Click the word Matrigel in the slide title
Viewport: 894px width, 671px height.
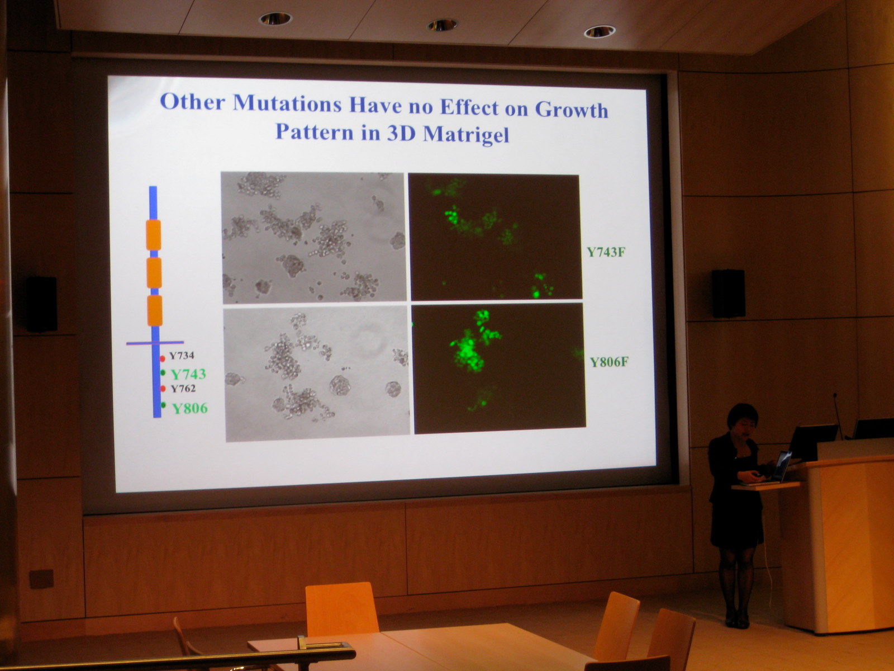466,134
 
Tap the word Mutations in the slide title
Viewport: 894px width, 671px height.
287,103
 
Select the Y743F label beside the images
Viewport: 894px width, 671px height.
606,252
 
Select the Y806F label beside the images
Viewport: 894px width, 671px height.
609,362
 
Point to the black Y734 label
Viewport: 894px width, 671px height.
182,356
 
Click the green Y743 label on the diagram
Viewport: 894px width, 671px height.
188,374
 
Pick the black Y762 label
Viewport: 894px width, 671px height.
183,389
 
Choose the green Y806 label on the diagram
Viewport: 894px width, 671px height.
190,408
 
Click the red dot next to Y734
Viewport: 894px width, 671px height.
162,358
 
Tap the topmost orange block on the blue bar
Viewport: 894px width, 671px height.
154,235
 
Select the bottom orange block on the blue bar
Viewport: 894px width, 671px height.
155,311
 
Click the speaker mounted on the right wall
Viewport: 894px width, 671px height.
728,294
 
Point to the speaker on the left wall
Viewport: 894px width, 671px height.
41,304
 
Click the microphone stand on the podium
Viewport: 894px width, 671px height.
837,415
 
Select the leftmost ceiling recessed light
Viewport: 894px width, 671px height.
275,18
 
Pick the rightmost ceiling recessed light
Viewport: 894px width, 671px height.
599,31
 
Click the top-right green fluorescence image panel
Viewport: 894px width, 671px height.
495,237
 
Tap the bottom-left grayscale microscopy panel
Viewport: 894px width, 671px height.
317,373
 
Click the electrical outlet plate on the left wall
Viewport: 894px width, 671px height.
41,579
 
